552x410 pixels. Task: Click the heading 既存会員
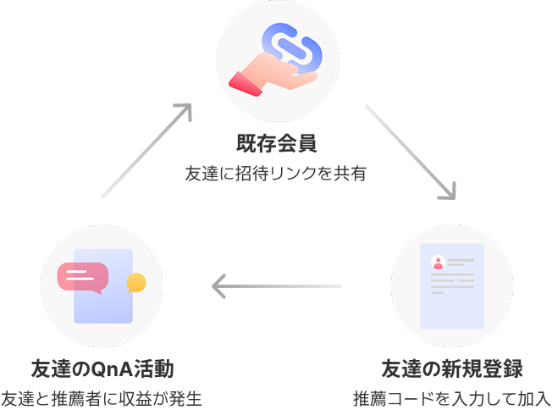click(x=276, y=142)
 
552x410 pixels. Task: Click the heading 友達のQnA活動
click(x=102, y=369)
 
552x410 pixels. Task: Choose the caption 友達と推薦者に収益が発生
click(x=102, y=398)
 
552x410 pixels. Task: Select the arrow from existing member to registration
click(x=411, y=151)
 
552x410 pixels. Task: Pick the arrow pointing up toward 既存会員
click(x=144, y=152)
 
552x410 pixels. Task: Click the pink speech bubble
click(x=83, y=276)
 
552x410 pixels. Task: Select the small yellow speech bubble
click(x=135, y=282)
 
